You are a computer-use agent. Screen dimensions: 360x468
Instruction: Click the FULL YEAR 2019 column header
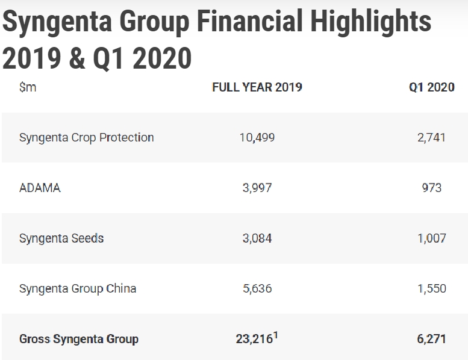[257, 87]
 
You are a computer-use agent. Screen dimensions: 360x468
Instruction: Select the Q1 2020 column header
[431, 87]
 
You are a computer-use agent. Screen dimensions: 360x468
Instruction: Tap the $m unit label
[28, 87]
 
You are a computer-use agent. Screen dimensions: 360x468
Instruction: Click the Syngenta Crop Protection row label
[87, 137]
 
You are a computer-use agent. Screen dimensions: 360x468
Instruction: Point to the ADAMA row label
[40, 188]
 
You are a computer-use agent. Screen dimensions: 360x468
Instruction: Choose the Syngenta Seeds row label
[61, 238]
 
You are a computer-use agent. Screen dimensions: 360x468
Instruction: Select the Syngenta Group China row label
[78, 288]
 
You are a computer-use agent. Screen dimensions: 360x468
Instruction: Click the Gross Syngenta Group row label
[79, 339]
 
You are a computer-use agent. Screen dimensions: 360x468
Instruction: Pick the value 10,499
[257, 137]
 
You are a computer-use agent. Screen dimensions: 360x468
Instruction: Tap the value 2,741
[431, 137]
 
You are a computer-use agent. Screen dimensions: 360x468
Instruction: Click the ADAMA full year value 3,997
[257, 188]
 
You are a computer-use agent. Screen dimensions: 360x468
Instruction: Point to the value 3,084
[257, 238]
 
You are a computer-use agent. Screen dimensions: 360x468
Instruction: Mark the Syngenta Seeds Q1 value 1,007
[431, 238]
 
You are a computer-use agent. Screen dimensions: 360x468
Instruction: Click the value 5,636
[257, 288]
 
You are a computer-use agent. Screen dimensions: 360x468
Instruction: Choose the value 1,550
[431, 288]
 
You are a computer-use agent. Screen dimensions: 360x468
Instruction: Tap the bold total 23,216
[254, 339]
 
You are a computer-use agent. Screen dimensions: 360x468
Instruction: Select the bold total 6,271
[431, 339]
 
